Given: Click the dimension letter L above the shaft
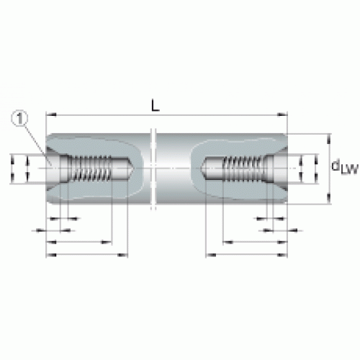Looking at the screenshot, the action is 156,106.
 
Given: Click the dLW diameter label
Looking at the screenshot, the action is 345,167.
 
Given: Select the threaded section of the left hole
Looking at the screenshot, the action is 91,168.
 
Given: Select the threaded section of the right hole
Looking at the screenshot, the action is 243,168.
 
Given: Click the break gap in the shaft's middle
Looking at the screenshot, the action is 153,168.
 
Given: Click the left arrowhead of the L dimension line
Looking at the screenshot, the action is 51,115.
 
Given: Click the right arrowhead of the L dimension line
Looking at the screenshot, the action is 282,115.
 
